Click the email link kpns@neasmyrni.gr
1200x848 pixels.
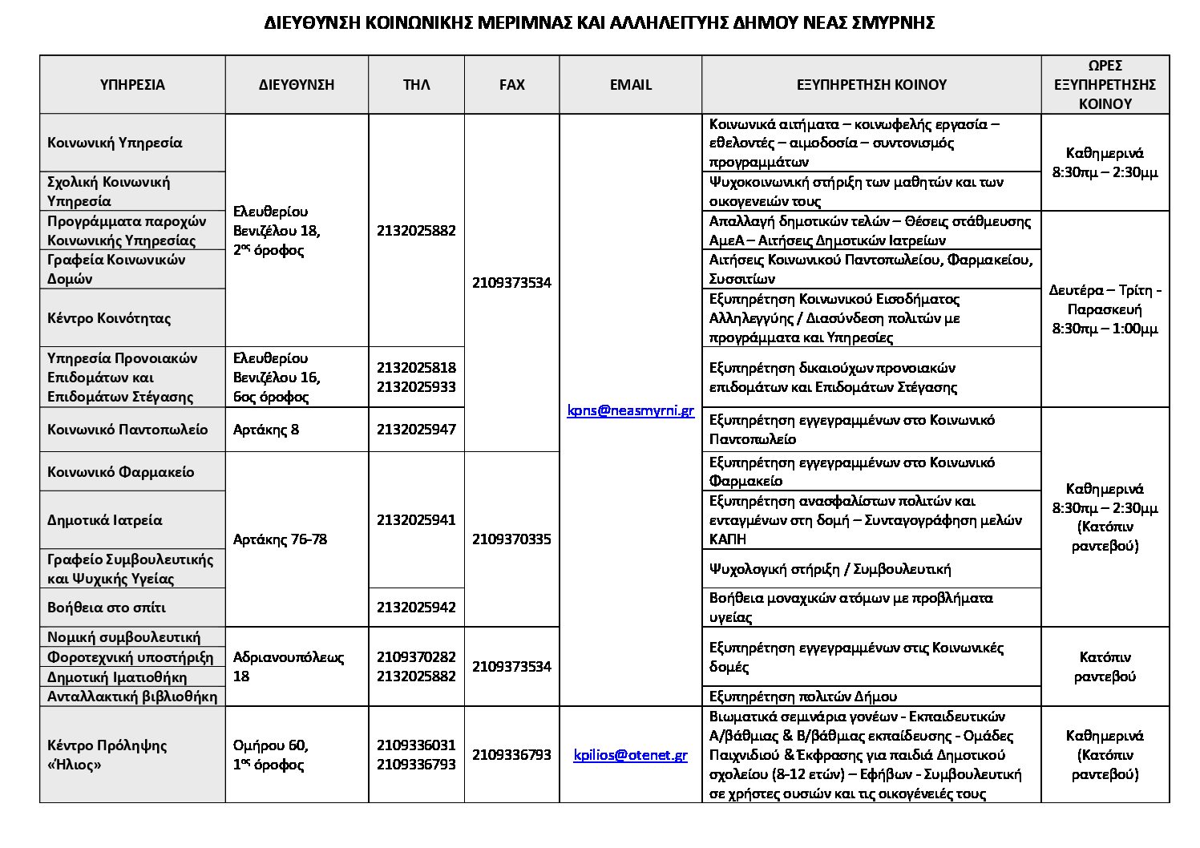pos(630,410)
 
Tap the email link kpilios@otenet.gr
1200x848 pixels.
pos(630,755)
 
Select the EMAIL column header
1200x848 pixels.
pos(630,85)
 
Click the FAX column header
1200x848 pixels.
pos(511,85)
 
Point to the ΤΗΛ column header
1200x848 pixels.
pos(416,85)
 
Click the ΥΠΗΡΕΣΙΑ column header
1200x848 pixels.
pos(132,85)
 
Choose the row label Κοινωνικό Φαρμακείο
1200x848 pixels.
pos(121,472)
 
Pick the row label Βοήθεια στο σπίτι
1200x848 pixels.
pos(107,608)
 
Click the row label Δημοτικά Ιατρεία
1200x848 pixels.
pos(105,520)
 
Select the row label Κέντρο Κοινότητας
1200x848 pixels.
pos(109,318)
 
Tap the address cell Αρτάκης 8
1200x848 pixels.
pos(266,430)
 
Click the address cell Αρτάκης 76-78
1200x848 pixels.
pos(280,539)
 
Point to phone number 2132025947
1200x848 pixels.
pos(416,430)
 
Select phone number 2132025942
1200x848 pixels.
pos(416,608)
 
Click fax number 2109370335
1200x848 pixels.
pos(511,539)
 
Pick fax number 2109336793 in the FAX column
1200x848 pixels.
pos(511,755)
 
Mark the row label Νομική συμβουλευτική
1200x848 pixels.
pos(124,637)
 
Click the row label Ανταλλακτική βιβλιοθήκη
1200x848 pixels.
pos(132,697)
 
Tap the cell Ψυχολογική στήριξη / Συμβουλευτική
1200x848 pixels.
pos(830,569)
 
